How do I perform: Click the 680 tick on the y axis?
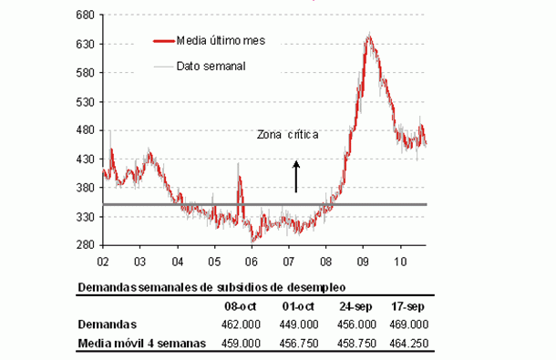point(88,15)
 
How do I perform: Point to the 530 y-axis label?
point(88,101)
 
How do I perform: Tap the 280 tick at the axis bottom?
point(88,245)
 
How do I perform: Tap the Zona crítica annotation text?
point(288,135)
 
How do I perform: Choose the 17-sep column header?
point(407,307)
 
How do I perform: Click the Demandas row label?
point(108,324)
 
